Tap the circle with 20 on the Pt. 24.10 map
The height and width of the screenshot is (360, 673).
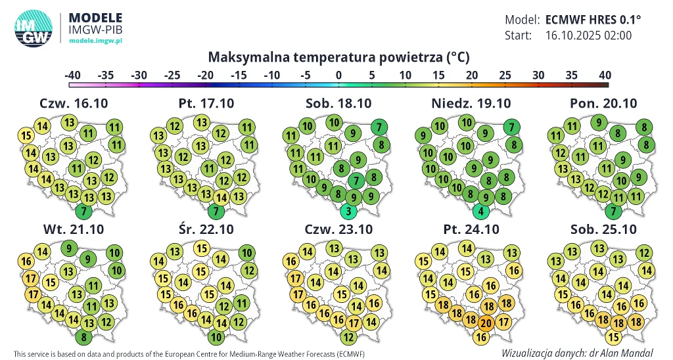point(486,323)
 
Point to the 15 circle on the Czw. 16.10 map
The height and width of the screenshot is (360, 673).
point(26,137)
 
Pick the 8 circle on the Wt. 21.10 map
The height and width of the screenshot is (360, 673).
point(83,338)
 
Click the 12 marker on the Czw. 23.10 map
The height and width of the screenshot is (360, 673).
point(349,338)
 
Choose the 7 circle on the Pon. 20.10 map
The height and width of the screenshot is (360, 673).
point(614,212)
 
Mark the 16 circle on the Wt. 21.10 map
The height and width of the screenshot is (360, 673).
point(27,261)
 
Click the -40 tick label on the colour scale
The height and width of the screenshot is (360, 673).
point(72,75)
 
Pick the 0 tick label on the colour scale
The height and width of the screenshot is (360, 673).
point(338,75)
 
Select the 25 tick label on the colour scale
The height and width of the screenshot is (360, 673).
point(505,75)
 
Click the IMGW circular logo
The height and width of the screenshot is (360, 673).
point(33,30)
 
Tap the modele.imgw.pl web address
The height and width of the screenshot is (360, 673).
point(96,41)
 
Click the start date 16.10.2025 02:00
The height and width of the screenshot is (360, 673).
point(588,35)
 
